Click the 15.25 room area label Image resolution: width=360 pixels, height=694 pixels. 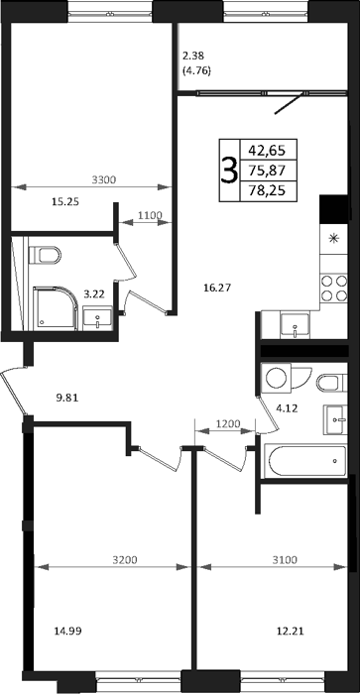click(65, 202)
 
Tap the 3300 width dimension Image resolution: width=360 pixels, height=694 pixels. click(103, 179)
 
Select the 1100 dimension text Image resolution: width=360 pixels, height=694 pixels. click(150, 215)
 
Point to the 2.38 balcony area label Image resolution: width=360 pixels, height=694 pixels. click(192, 57)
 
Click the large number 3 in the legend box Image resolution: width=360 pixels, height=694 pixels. click(229, 171)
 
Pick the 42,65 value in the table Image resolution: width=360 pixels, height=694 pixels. click(267, 151)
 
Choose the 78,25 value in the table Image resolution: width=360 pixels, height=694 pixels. click(267, 190)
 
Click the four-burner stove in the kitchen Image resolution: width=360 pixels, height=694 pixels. click(334, 288)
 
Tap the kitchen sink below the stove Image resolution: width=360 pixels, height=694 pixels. click(295, 326)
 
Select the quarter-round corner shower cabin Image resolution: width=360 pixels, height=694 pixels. click(56, 308)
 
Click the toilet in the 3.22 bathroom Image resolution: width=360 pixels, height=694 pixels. click(45, 255)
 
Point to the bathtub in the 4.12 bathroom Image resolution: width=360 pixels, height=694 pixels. click(305, 462)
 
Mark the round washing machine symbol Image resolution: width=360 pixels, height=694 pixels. click(277, 378)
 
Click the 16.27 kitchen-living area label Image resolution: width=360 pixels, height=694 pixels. click(218, 289)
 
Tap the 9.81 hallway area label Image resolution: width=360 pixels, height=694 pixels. click(67, 398)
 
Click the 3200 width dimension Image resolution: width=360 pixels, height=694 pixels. click(125, 560)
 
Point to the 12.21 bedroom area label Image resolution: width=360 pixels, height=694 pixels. click(290, 630)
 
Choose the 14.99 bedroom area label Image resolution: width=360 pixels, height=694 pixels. click(67, 630)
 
